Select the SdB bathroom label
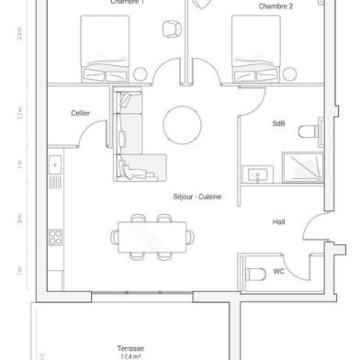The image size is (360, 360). coord(278,122)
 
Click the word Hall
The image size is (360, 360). coord(279,223)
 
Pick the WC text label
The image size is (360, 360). coord(278,272)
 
